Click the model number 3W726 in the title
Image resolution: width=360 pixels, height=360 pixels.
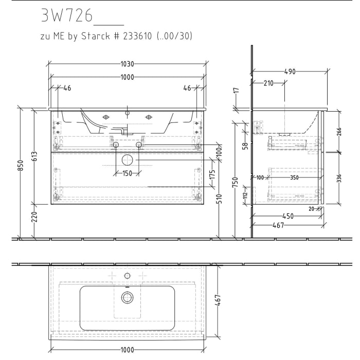point(66,16)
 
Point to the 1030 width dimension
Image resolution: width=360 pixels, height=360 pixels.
point(127,64)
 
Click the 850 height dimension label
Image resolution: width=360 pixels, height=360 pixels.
point(21,166)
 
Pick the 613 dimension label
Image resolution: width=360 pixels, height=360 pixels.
point(34,156)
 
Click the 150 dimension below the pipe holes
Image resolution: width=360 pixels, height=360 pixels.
point(127,173)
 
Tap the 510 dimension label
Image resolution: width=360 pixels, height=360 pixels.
point(220,199)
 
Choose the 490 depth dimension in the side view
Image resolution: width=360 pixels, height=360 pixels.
point(290,72)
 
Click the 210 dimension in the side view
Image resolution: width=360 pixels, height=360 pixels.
point(268,83)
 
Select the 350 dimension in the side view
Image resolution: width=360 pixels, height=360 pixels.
point(294,177)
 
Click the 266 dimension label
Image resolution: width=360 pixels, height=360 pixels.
point(339,131)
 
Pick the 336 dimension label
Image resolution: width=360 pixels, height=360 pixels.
point(339,178)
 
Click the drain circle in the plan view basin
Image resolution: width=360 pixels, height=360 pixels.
point(127,297)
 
